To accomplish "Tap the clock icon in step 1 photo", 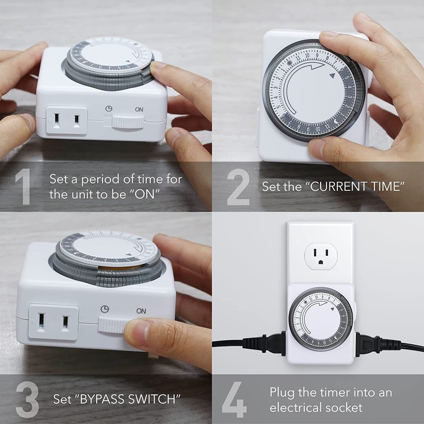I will [109, 108].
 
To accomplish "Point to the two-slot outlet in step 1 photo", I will [66, 121].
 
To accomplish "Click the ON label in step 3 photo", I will [141, 311].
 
